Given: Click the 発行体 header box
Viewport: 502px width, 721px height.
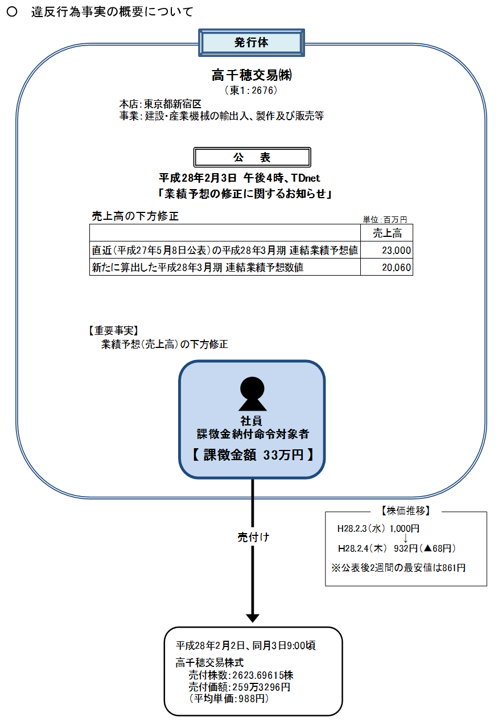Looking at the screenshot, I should tap(251, 43).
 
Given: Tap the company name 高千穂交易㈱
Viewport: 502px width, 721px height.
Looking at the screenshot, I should tap(252, 75).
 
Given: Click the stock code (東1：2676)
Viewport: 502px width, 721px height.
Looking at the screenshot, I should tap(252, 90).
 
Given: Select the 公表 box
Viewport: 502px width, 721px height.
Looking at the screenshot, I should tap(252, 157).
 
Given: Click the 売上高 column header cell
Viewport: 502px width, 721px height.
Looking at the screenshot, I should tap(387, 233).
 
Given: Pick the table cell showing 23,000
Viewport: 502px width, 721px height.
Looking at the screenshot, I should tap(387, 250).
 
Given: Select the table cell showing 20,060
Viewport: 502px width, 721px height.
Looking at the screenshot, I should tap(387, 267).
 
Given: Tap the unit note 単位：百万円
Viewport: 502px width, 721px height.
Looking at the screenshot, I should tap(385, 219).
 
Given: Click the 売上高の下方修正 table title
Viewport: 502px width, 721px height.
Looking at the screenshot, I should tap(135, 216).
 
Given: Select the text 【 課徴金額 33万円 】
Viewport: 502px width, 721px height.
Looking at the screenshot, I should tap(252, 454).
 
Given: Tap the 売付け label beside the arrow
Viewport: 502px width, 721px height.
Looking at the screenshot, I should tap(253, 537).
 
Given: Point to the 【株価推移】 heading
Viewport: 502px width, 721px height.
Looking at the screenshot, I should tap(405, 510).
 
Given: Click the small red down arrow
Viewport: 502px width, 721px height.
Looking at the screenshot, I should tap(405, 538).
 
